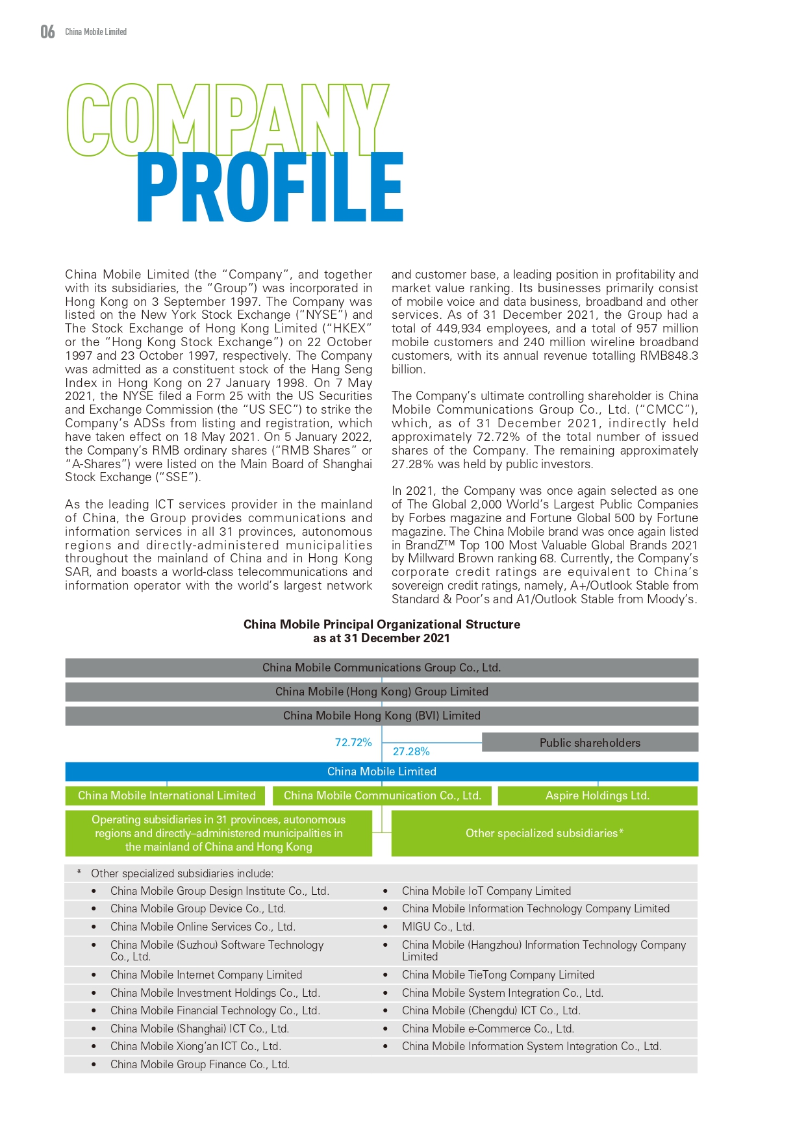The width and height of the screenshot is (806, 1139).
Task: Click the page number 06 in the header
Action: coord(47,32)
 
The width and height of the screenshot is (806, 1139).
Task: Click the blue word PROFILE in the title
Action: coord(270,188)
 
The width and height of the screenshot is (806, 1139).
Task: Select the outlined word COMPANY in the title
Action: coord(227,120)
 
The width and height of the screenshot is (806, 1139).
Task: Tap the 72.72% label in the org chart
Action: coord(353,742)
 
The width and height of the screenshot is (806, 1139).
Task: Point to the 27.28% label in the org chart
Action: coord(411,751)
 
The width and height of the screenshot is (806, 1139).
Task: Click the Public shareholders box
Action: coord(590,743)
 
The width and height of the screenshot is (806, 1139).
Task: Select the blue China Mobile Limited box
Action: coord(381,771)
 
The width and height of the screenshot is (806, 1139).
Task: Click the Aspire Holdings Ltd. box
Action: coord(597,795)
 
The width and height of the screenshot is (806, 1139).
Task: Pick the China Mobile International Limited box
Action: coord(166,795)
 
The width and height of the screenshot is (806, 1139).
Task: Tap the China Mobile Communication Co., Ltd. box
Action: coord(382,795)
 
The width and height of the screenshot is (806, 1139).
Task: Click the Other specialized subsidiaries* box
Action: coord(544,833)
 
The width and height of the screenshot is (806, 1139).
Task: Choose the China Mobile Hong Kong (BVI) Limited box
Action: coord(381,716)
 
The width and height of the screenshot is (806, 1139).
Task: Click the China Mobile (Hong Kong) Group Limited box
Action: coord(381,692)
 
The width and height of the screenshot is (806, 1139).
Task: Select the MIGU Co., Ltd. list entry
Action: coord(438,927)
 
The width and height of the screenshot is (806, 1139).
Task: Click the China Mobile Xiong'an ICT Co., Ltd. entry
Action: coord(195,1046)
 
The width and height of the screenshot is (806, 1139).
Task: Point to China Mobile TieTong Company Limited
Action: coord(497,975)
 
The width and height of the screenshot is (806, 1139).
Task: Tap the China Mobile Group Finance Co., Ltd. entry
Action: coord(199,1064)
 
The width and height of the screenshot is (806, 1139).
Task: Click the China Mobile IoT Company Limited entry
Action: coord(486,891)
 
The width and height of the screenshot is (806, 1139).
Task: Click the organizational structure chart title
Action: coord(381,631)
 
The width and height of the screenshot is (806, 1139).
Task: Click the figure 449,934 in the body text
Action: coord(459,329)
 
